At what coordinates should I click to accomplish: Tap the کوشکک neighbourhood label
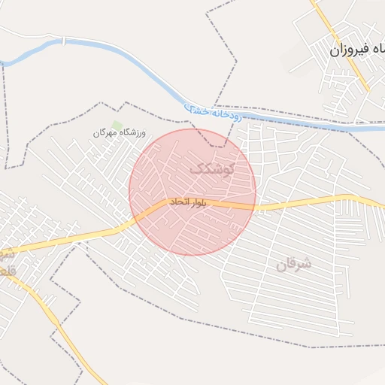212,168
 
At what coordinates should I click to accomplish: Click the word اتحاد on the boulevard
181,202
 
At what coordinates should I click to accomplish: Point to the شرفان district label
293,264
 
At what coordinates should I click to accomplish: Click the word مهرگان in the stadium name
106,133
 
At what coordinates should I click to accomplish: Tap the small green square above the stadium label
117,124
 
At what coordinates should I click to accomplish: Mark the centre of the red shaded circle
192,192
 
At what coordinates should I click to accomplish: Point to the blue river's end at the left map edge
2,63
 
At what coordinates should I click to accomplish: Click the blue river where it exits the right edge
382,128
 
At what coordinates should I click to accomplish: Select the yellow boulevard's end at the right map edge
382,206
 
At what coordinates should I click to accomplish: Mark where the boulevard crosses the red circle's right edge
256,205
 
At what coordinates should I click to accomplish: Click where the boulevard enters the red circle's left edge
134,219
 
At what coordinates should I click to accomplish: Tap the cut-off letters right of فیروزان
380,50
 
